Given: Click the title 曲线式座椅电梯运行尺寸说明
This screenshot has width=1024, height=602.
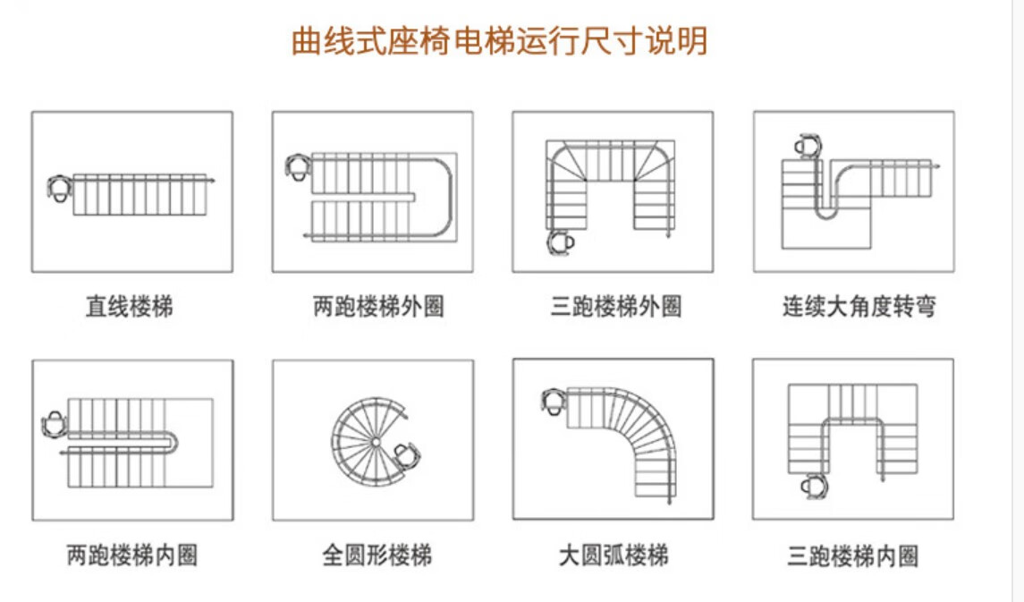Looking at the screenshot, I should tap(499, 41).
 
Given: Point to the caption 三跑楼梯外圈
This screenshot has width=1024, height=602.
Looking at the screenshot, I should tap(616, 308).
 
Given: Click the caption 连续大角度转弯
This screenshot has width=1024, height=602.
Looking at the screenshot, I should tap(859, 308).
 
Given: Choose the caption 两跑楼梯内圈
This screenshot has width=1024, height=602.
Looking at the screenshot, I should tap(132, 555).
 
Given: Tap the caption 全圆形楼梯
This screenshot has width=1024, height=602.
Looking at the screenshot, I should tap(377, 555).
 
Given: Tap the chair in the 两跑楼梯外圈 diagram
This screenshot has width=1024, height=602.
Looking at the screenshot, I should tap(298, 166).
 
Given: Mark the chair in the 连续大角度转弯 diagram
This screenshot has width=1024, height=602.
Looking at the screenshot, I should tap(808, 146).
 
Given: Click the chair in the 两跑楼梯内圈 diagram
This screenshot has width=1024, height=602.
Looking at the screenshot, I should tap(55, 424).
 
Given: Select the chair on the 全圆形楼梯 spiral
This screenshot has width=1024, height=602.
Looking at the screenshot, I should tap(408, 455).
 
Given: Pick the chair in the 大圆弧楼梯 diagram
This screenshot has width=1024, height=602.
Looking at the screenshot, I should tap(553, 403).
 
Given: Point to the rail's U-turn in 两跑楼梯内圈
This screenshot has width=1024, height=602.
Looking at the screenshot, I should tap(175, 442).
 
